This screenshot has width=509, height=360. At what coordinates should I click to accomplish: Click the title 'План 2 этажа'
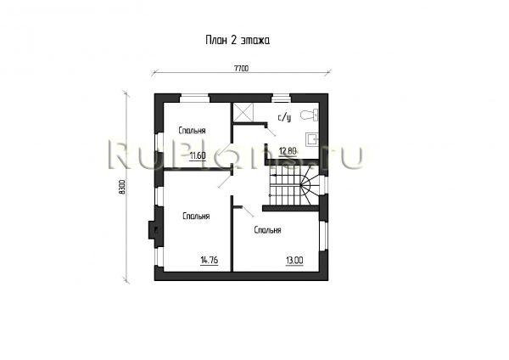tap(238, 40)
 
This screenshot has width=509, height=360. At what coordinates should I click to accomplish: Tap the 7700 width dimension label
tap(241, 69)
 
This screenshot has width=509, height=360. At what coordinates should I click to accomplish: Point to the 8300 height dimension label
tap(122, 187)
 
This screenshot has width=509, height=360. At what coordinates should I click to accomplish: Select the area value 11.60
tap(198, 156)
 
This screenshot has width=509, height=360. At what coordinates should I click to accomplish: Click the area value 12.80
tap(288, 151)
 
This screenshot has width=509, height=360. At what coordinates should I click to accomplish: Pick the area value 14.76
tap(210, 261)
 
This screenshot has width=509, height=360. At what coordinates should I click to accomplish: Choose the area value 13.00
tap(294, 261)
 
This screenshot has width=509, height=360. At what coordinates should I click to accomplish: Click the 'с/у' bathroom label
tap(284, 118)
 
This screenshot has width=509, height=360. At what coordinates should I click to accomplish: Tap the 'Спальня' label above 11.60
tap(192, 131)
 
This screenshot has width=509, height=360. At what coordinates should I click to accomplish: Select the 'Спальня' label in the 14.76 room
tap(196, 216)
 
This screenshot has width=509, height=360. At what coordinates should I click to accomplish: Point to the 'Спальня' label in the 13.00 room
tap(267, 230)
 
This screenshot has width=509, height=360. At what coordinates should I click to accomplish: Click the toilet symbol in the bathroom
tap(310, 115)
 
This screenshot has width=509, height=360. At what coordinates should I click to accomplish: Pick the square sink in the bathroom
tap(312, 139)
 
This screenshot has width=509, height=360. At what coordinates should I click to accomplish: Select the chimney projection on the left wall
tap(153, 230)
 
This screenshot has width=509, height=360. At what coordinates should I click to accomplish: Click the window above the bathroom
tap(281, 98)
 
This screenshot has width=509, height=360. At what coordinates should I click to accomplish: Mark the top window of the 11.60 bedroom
tap(194, 98)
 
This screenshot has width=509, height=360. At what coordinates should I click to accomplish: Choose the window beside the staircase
tap(323, 185)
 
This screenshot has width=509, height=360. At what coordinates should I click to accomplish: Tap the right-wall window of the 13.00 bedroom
tap(323, 235)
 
